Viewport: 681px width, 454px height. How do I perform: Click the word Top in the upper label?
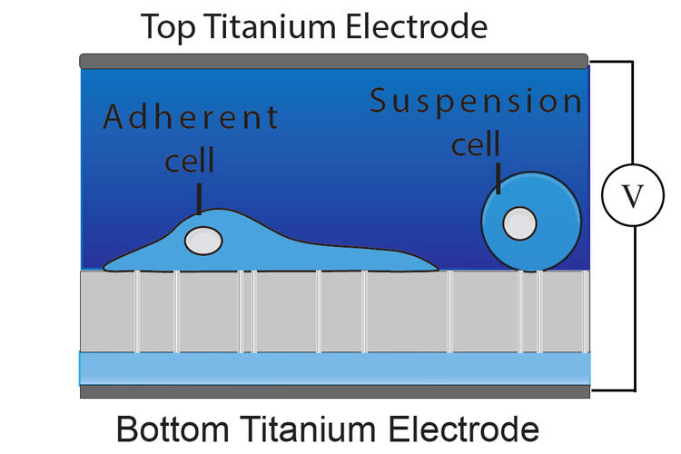pyautogui.click(x=168, y=28)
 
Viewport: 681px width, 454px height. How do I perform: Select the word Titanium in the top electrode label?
pyautogui.click(x=270, y=27)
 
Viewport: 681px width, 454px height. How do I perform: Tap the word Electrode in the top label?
pyautogui.click(x=416, y=27)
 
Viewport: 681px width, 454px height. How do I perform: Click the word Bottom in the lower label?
pyautogui.click(x=173, y=429)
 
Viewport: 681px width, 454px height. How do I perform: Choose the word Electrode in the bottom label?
pyautogui.click(x=463, y=429)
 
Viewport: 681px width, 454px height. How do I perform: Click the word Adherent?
pyautogui.click(x=191, y=117)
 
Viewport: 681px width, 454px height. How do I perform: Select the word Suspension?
pyautogui.click(x=476, y=102)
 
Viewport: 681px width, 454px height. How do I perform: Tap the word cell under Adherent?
pyautogui.click(x=190, y=160)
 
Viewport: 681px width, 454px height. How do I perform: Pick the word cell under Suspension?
pyautogui.click(x=476, y=143)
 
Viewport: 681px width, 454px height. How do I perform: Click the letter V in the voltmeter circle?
pyautogui.click(x=632, y=196)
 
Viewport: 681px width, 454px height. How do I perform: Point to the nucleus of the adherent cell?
pyautogui.click(x=203, y=241)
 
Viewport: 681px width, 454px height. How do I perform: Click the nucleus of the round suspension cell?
pyautogui.click(x=519, y=223)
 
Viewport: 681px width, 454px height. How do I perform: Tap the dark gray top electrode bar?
pyautogui.click(x=333, y=61)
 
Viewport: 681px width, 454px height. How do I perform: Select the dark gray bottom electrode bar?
pyautogui.click(x=335, y=391)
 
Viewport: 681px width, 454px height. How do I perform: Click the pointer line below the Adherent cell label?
pyautogui.click(x=199, y=199)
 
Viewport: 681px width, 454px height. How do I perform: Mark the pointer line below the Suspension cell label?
pyautogui.click(x=498, y=178)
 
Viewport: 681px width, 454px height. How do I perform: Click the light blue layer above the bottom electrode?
pyautogui.click(x=335, y=369)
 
